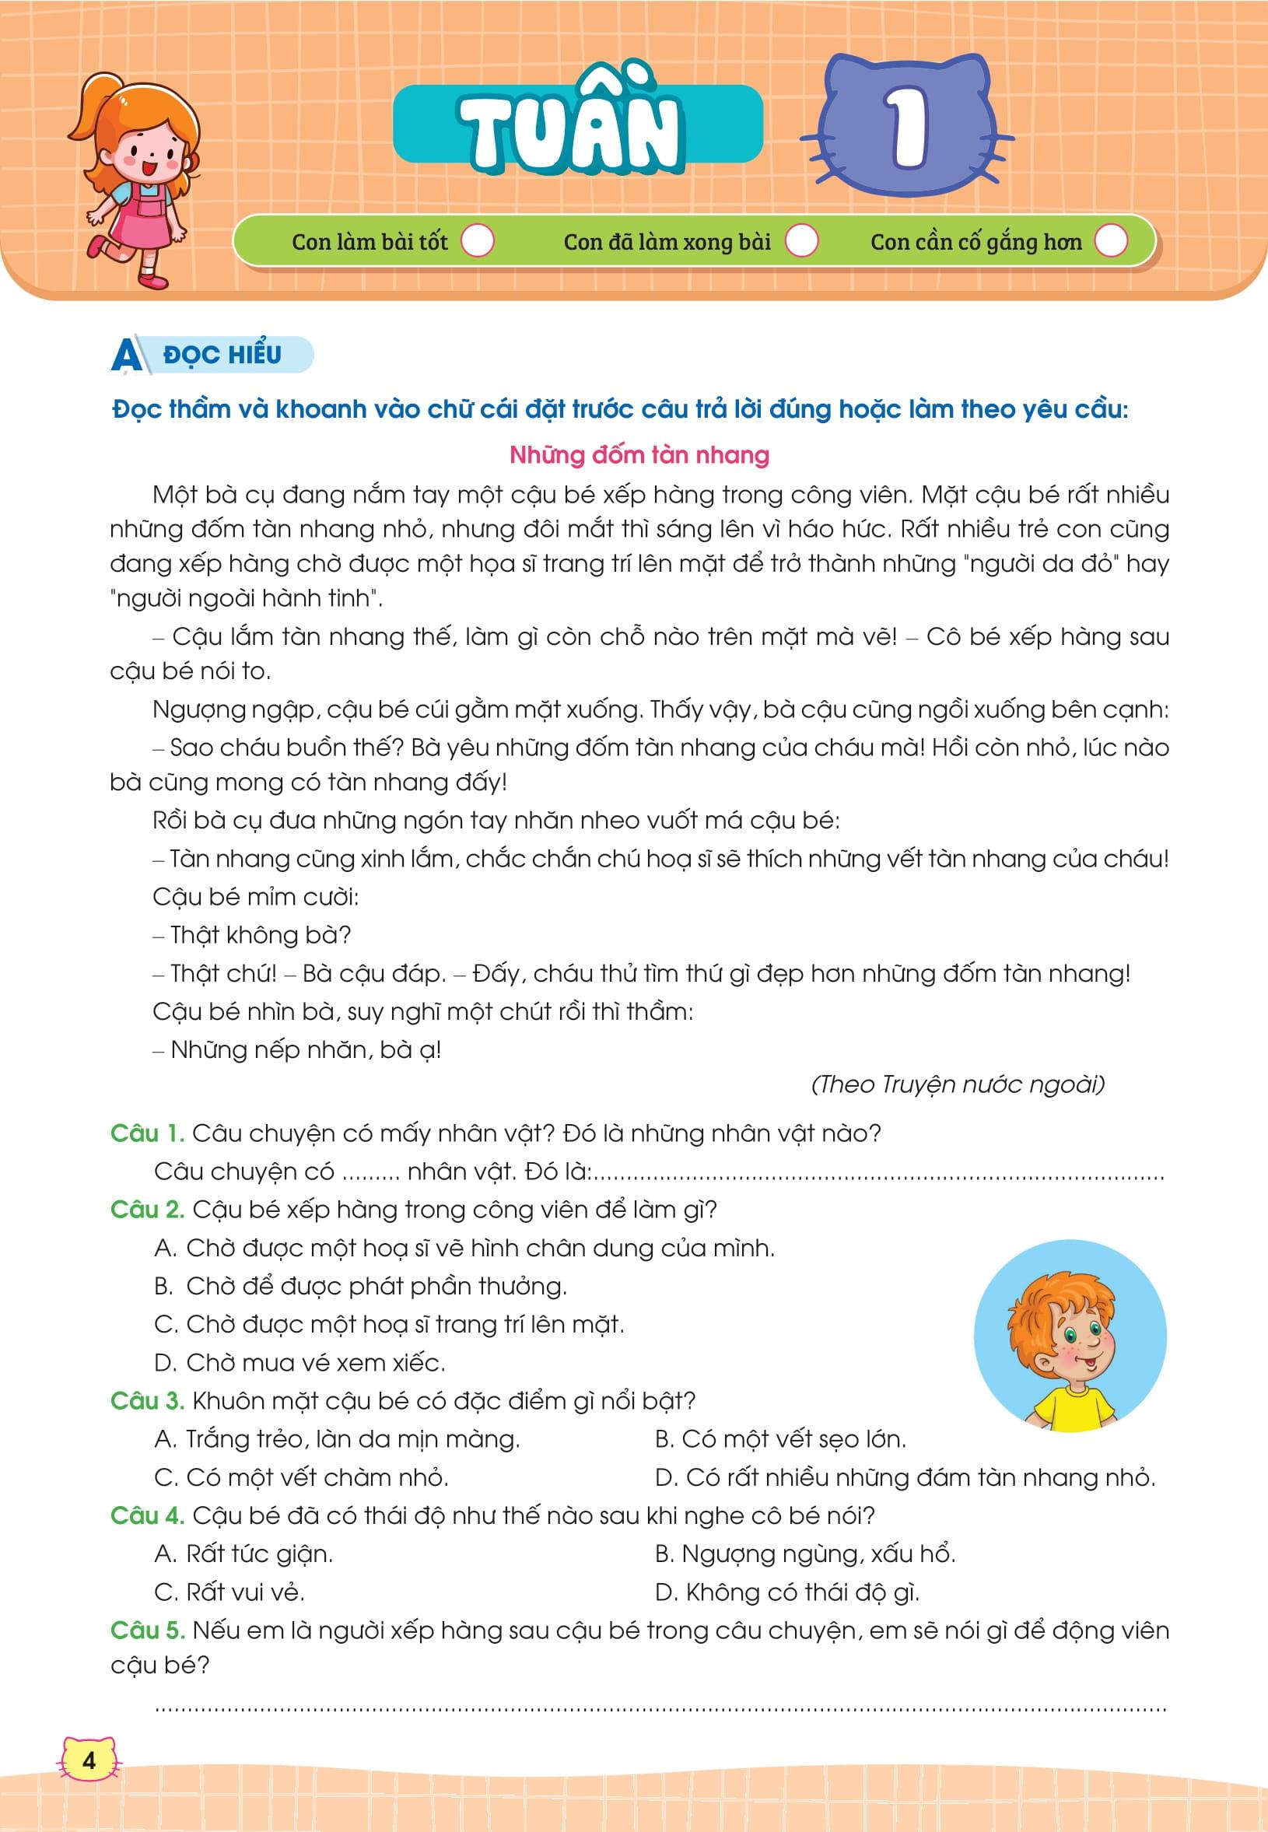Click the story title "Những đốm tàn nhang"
639,455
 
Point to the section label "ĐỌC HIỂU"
222,354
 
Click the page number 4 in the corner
88,1760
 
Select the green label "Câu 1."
147,1133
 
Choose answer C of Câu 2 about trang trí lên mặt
389,1324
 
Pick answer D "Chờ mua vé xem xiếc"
299,1362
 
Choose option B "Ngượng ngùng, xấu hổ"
805,1554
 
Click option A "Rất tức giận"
244,1554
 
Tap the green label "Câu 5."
147,1631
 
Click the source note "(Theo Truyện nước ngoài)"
958,1084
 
